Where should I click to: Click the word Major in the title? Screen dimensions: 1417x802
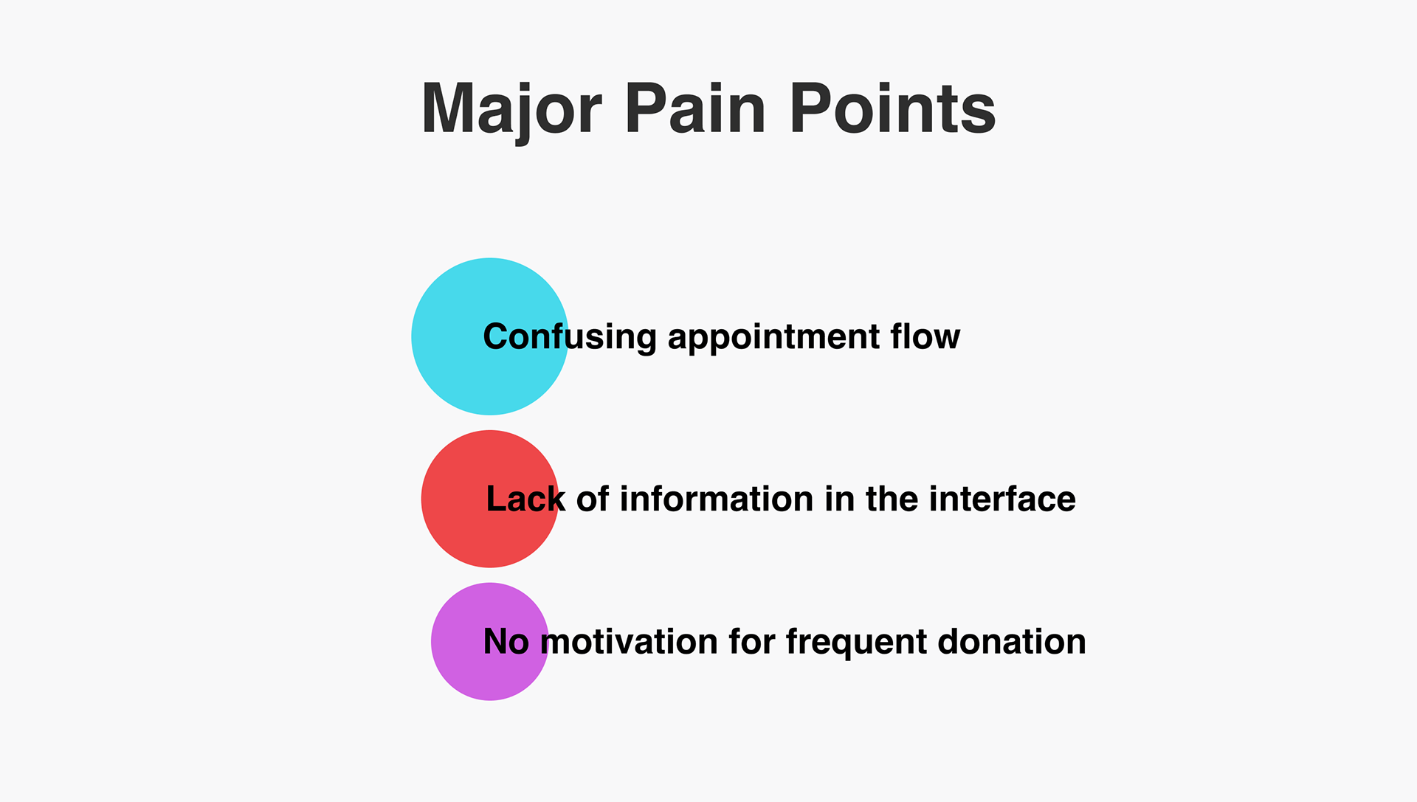pyautogui.click(x=511, y=109)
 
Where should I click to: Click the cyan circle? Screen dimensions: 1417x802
pyautogui.click(x=490, y=336)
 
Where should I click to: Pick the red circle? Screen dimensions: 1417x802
pyautogui.click(x=490, y=499)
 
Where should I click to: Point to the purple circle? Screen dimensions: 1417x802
pyautogui.click(x=490, y=642)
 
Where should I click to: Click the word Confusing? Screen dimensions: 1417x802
pyautogui.click(x=570, y=338)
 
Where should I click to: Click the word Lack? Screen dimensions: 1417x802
pyautogui.click(x=526, y=499)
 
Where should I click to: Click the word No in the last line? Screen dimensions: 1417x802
pyautogui.click(x=506, y=642)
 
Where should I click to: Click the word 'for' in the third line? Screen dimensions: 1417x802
pyautogui.click(x=752, y=642)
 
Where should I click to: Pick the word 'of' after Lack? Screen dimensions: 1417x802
pyautogui.click(x=593, y=499)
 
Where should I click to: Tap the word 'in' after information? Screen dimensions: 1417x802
pyautogui.click(x=840, y=499)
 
